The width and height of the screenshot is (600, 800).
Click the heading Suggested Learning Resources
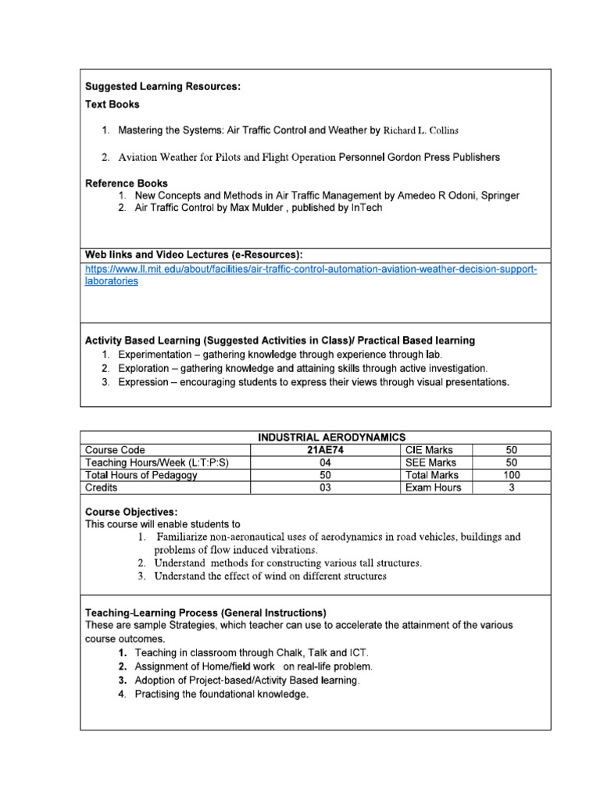pos(162,87)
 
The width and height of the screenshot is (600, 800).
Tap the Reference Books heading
pos(126,183)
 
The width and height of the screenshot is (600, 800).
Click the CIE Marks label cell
pos(428,450)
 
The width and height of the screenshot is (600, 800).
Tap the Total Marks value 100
pos(511,475)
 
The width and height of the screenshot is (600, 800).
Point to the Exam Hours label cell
pos(433,487)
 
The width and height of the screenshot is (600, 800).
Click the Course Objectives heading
pos(126,512)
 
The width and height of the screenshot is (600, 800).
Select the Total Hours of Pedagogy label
pos(141,475)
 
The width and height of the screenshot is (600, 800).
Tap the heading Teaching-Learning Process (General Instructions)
pos(205,612)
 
